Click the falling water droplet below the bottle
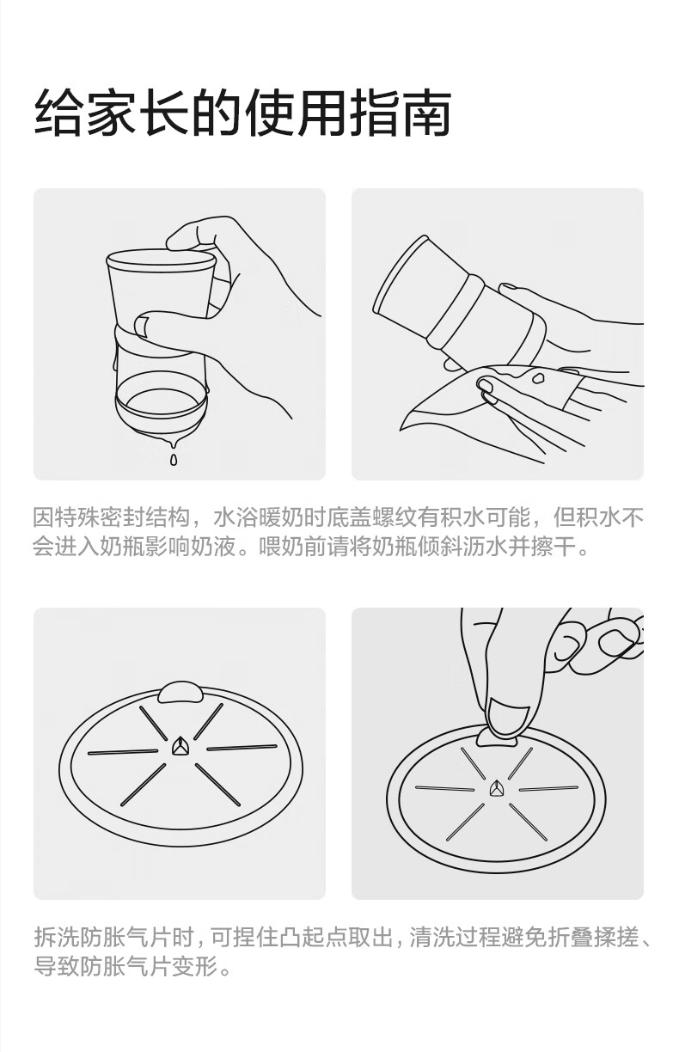coord(174,459)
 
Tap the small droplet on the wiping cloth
coord(537,376)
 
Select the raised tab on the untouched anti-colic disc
coord(180,692)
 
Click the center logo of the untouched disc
coord(180,745)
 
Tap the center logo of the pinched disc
coord(496,788)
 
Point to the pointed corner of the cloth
coord(401,429)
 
